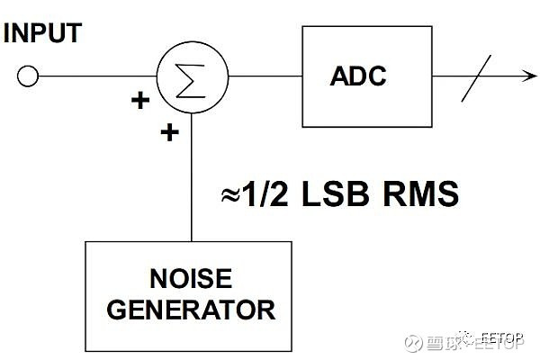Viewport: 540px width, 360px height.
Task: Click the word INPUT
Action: pos(42,33)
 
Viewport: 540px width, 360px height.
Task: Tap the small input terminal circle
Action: pos(28,76)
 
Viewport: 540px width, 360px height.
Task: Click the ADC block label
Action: pos(357,76)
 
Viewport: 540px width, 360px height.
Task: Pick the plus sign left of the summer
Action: pos(140,100)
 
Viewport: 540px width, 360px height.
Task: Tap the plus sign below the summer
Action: pos(168,133)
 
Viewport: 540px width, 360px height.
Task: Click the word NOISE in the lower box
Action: pos(189,276)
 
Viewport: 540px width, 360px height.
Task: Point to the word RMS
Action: pos(423,194)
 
